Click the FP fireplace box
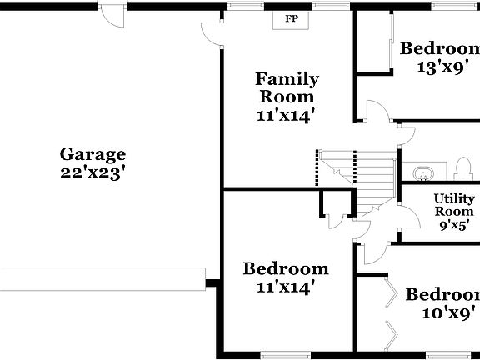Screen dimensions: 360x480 [x=291, y=17]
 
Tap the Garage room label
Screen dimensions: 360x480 [x=92, y=154]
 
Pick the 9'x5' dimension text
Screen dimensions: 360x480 [x=455, y=224]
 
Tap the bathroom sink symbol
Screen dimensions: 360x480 [x=424, y=174]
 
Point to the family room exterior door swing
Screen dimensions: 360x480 [x=211, y=32]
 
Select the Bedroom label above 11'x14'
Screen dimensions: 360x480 [x=285, y=269]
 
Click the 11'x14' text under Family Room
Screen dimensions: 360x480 [x=286, y=117]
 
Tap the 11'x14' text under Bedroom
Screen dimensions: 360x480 [x=286, y=288]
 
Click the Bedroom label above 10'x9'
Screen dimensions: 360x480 [x=442, y=295]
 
